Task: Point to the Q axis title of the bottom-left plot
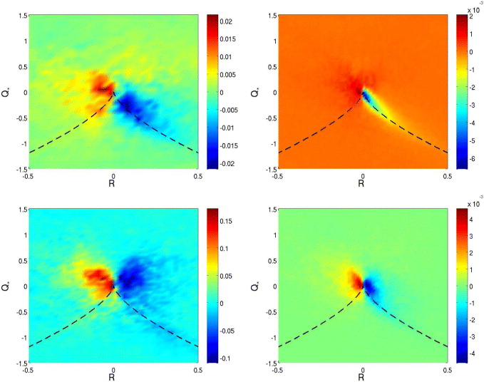[x=8, y=285]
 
